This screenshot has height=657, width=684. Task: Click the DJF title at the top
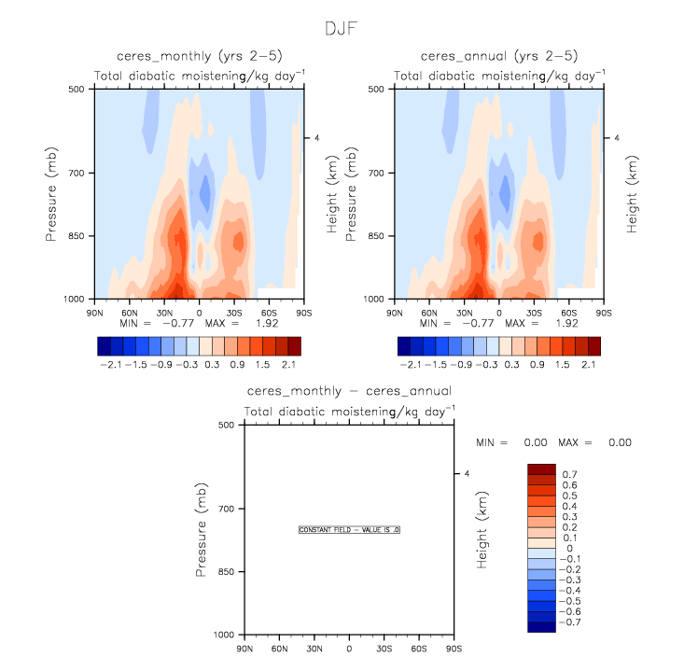click(342, 28)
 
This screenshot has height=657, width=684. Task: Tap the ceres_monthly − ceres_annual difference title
click(349, 390)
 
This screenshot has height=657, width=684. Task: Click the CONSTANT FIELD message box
click(349, 529)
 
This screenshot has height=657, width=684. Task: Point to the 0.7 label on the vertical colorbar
click(568, 475)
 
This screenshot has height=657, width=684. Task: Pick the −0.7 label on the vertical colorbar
click(570, 621)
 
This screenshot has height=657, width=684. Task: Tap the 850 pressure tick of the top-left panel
click(76, 236)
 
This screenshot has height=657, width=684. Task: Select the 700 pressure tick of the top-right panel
click(378, 174)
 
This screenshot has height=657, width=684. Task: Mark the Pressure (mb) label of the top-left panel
click(52, 193)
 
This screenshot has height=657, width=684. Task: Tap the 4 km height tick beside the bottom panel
click(467, 474)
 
